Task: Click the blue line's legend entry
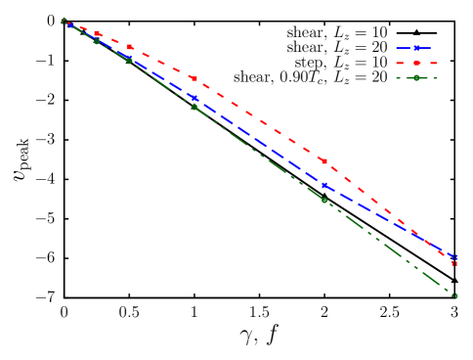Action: (x=416, y=47)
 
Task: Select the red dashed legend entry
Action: (x=416, y=63)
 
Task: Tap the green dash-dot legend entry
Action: (x=416, y=77)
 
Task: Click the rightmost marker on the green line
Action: (x=454, y=295)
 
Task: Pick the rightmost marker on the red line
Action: (x=454, y=262)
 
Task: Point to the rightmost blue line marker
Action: (x=454, y=257)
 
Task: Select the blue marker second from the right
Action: (x=324, y=185)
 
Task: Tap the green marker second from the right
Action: (x=324, y=200)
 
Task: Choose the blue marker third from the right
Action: (x=194, y=98)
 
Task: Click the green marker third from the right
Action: (x=194, y=107)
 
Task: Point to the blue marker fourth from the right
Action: (x=129, y=57)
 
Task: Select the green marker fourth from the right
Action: (x=129, y=61)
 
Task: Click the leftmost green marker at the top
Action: (x=64, y=22)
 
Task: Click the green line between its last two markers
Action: (x=389, y=247)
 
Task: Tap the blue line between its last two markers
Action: (x=389, y=221)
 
